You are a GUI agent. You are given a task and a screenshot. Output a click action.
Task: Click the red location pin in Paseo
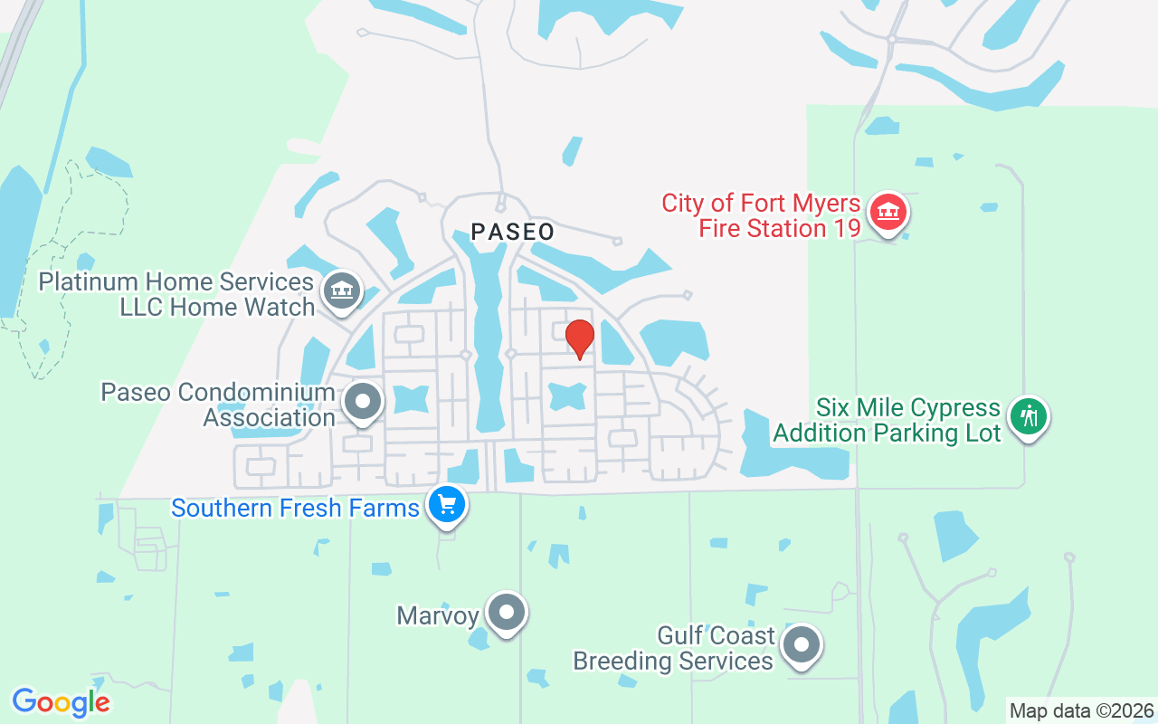(579, 338)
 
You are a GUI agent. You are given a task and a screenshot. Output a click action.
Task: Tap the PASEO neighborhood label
(513, 232)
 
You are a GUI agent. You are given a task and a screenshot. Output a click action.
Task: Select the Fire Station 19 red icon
(887, 214)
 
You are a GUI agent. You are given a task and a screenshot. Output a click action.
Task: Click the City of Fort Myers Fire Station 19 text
(761, 215)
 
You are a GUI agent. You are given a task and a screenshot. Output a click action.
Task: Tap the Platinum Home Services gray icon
(341, 291)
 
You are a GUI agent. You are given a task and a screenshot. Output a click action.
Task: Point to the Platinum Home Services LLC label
(176, 294)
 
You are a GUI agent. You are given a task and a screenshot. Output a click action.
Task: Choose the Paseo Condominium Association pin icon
(364, 402)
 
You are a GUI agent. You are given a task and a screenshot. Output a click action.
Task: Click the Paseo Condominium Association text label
(218, 405)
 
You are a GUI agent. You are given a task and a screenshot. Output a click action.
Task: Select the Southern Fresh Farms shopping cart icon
(446, 505)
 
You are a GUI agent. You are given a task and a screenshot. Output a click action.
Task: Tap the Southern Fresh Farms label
(296, 508)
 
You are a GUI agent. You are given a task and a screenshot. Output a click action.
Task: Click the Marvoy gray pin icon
(507, 613)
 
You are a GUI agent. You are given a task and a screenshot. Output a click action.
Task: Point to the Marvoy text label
(437, 616)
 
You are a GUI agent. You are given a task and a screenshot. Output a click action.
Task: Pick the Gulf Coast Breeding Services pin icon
(801, 645)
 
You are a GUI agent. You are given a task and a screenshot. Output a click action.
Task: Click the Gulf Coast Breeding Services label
(673, 648)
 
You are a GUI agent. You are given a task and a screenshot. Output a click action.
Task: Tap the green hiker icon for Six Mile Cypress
(1029, 417)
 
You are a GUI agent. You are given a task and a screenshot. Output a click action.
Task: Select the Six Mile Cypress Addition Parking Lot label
(887, 420)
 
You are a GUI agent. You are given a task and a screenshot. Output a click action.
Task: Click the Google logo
(61, 702)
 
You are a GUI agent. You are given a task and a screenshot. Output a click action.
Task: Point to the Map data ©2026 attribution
(1082, 710)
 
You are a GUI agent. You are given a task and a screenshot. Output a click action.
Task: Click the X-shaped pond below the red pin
(568, 395)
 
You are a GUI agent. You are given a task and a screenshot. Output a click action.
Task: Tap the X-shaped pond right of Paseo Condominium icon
(411, 398)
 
